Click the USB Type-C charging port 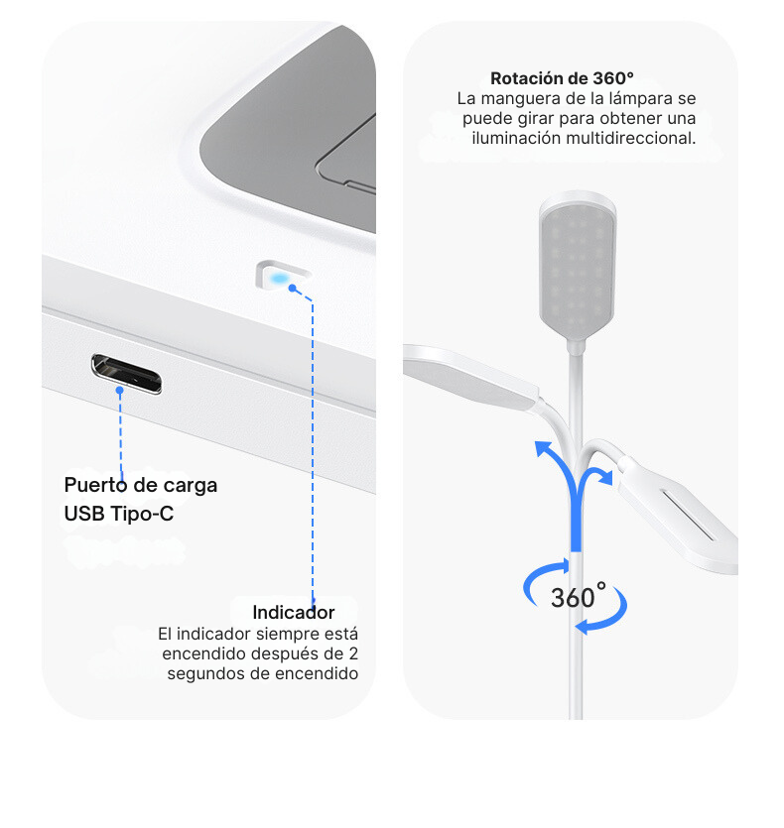coord(126,373)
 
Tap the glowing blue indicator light coord(280,278)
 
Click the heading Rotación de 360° coord(562,78)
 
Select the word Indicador coord(294,612)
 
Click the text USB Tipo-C coord(119,514)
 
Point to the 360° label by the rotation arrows coord(578,596)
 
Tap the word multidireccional coord(631,139)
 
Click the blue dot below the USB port coord(119,391)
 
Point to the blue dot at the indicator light coord(293,288)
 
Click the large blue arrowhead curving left coord(544,449)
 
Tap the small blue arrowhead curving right coord(605,476)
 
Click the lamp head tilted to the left coord(470,377)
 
